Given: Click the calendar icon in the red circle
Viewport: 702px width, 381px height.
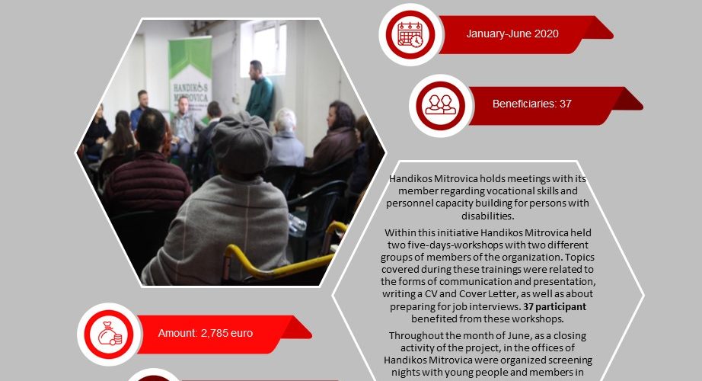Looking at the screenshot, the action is click(410, 34).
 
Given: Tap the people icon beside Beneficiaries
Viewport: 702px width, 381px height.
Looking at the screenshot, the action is click(441, 105).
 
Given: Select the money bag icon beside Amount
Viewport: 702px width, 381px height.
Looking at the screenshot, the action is click(110, 334).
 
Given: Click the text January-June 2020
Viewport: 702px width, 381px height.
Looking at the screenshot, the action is click(512, 34).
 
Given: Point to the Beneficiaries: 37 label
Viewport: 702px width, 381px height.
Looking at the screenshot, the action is click(532, 104).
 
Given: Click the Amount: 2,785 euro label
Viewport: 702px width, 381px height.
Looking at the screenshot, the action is click(205, 333).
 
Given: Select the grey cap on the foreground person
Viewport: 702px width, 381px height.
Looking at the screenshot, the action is click(242, 141).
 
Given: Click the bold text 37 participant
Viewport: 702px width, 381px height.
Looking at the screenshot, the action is click(554, 306).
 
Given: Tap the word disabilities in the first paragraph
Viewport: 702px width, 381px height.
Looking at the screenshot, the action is click(487, 216).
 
